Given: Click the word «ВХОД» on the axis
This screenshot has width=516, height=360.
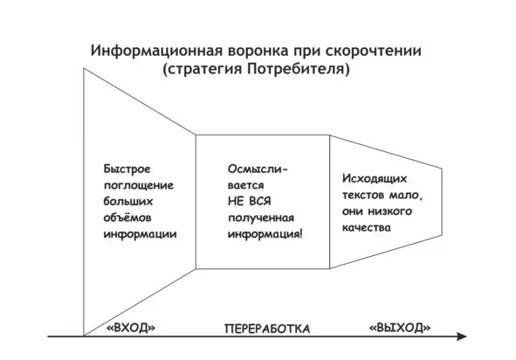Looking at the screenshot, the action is pos(131,328).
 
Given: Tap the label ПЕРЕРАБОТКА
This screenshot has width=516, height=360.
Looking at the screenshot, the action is pos(267,329).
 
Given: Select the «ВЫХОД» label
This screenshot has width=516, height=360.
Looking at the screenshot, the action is pos(400,328).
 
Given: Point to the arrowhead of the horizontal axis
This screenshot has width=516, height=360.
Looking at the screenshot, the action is pos(462,336).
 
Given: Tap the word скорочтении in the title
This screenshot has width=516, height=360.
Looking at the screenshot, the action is pos(374,51).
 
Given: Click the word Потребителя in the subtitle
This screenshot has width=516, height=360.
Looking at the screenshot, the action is pos(298,70).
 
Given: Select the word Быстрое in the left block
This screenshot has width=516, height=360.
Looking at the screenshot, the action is pos(127,170).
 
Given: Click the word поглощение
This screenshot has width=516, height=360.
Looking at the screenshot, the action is pos(139,185).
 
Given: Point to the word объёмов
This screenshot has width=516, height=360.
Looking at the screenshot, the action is pos(127,218).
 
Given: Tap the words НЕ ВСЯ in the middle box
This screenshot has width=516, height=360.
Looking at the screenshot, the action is pos(249,201).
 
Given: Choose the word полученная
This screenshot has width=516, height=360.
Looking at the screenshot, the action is pos(261,218).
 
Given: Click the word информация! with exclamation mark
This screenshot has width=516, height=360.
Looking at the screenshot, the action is pos(265,234).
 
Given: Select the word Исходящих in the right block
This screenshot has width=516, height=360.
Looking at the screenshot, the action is pos(375,179).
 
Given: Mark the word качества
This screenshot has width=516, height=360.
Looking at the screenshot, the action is pos(367,227).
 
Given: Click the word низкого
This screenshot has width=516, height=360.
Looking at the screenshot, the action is pos(389,211).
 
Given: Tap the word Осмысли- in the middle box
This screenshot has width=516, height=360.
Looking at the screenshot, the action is pos(258,170).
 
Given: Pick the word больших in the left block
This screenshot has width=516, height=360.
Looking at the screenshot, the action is pos(128,201).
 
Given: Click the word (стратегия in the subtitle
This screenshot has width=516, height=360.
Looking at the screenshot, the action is pos(203,70).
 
